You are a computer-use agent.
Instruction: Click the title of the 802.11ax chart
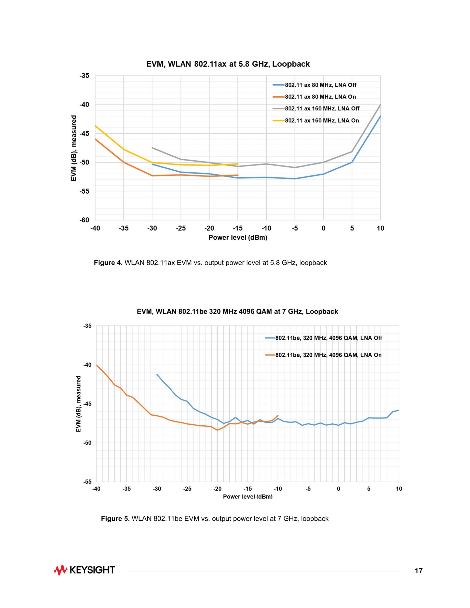pos(228,64)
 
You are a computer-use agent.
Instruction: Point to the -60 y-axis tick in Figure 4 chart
pos(84,220)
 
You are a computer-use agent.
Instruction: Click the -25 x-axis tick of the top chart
pos(181,228)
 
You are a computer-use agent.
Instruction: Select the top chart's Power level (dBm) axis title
pos(238,237)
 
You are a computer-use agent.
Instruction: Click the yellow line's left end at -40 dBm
pos(95,126)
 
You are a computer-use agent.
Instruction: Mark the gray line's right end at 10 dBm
pos(380,105)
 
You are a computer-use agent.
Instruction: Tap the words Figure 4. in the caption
pos(108,263)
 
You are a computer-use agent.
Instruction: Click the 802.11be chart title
pos(237,311)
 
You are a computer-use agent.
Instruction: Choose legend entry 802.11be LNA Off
pos(329,338)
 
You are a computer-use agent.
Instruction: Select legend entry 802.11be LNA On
pos(328,355)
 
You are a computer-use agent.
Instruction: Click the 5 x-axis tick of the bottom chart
pos(369,489)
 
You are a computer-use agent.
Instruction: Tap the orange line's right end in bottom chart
pos(278,416)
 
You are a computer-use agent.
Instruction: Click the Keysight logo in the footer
pos(84,570)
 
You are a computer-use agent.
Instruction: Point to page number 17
pos(419,571)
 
